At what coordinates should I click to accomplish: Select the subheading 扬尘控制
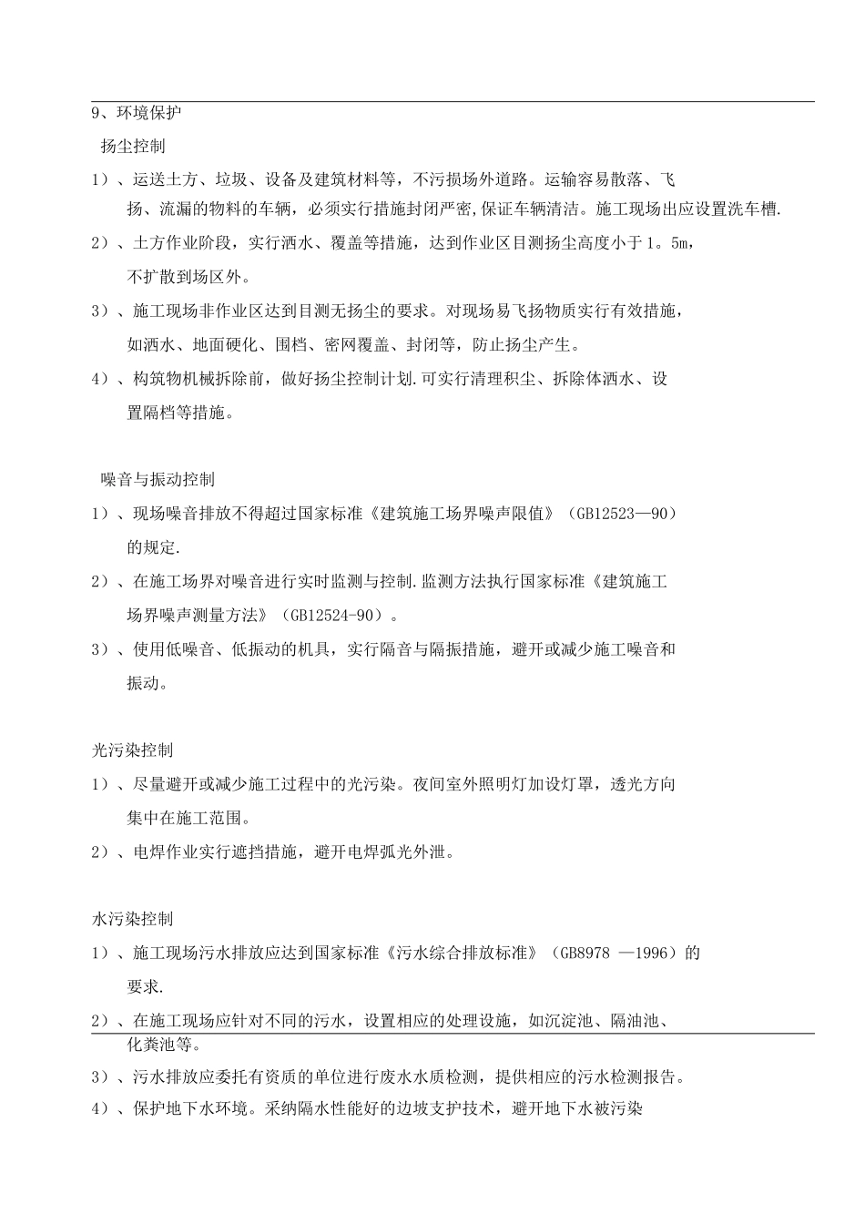click(x=133, y=146)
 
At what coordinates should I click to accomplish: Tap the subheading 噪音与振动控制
click(x=158, y=480)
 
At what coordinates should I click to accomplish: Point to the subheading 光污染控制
click(x=133, y=750)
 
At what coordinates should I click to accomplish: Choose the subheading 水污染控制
click(x=133, y=920)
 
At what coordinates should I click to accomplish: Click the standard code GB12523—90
click(x=626, y=515)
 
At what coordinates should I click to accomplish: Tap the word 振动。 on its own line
click(x=147, y=684)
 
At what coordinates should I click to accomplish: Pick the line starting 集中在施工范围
click(x=188, y=818)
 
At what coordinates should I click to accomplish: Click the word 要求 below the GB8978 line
click(x=146, y=987)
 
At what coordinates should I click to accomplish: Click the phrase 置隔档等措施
click(x=178, y=413)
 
